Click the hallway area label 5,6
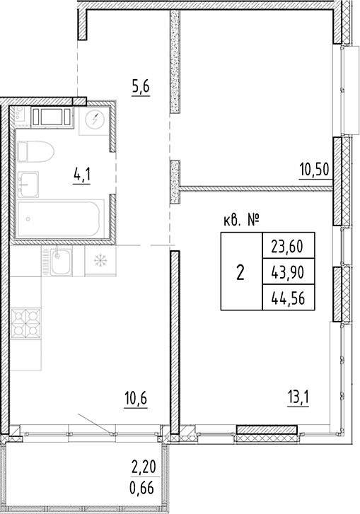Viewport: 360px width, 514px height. click(x=141, y=87)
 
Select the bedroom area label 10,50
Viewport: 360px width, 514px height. click(x=314, y=170)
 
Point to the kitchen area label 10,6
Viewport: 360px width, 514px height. click(x=136, y=399)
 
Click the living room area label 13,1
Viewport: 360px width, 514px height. click(x=298, y=399)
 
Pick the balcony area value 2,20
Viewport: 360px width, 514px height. click(x=143, y=467)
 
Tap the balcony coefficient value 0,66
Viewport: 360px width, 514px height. click(x=142, y=489)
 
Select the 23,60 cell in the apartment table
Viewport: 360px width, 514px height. click(x=289, y=246)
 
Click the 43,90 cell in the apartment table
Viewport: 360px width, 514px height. click(x=289, y=271)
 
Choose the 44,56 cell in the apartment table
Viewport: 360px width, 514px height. click(x=289, y=298)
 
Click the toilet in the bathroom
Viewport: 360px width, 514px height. click(x=35, y=151)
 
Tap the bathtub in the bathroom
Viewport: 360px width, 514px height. click(x=61, y=219)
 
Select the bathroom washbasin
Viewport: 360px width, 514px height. click(x=28, y=185)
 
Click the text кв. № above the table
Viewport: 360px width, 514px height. click(x=242, y=221)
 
